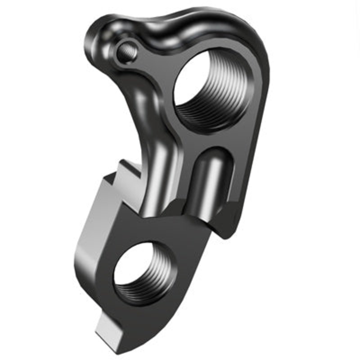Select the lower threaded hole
tap(143, 273)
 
